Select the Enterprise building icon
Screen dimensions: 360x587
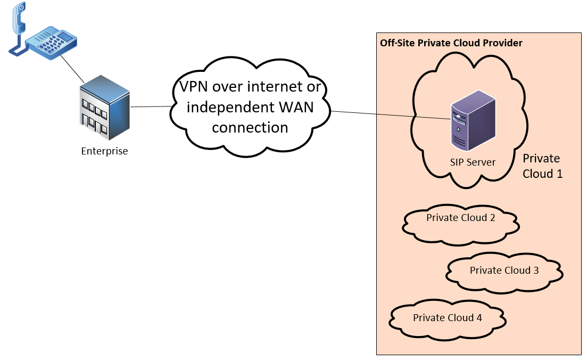104,107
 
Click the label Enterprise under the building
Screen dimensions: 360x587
104,151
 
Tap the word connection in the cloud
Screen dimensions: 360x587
250,127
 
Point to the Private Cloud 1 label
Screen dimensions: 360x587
542,166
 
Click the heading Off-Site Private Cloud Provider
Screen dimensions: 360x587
451,43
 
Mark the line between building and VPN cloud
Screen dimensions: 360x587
152,107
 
